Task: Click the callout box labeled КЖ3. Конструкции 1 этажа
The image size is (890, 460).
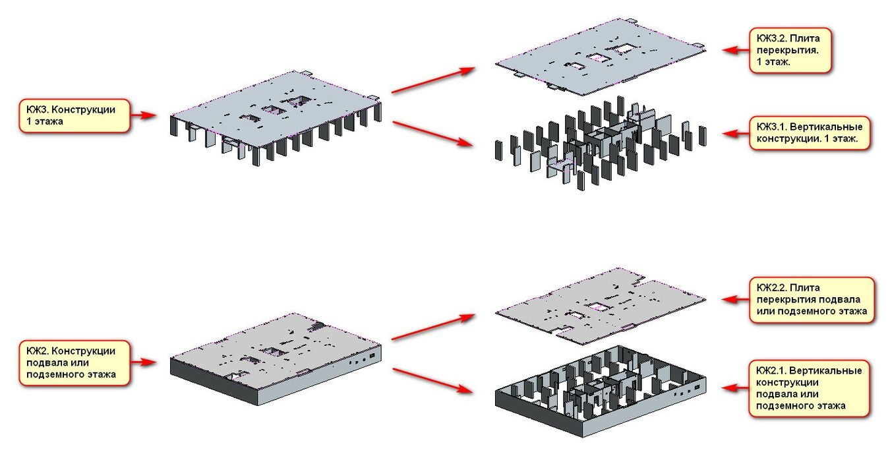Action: (x=74, y=115)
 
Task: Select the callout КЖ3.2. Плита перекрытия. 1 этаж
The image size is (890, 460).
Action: (x=790, y=50)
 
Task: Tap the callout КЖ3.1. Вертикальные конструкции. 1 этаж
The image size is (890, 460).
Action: (x=810, y=132)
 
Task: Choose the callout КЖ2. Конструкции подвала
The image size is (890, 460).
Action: (x=74, y=362)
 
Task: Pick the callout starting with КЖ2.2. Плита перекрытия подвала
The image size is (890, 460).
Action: (x=812, y=299)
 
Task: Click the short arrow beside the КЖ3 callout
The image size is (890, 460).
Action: (x=144, y=115)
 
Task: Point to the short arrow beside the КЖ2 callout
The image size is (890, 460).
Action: (x=144, y=362)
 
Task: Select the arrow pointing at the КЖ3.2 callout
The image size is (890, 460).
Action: (x=736, y=50)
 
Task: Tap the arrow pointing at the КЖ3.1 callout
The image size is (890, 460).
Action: (x=736, y=134)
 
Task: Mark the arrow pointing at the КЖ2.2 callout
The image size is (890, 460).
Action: (x=736, y=299)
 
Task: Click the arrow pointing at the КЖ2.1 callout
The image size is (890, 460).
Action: (x=736, y=388)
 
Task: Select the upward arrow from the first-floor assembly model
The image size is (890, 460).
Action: (x=433, y=80)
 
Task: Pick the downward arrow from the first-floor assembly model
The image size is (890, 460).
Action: (x=433, y=134)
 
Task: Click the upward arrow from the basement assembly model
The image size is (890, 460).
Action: (x=433, y=327)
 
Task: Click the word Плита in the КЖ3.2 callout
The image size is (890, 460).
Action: (x=804, y=38)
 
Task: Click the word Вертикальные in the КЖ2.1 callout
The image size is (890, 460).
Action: (x=825, y=370)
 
